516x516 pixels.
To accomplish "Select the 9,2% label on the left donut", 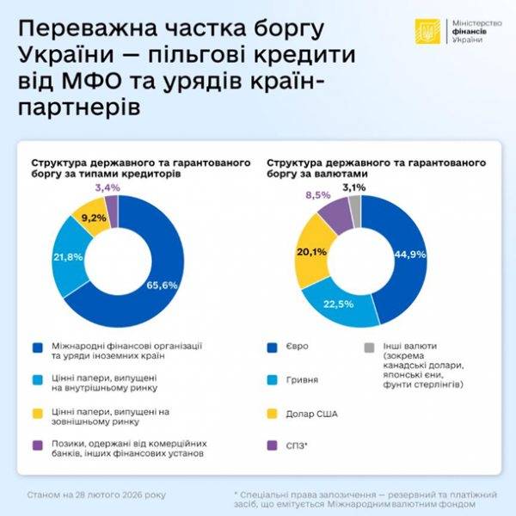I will click(x=92, y=218).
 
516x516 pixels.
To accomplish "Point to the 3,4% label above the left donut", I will click(x=107, y=187).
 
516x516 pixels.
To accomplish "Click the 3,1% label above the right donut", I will click(x=353, y=187).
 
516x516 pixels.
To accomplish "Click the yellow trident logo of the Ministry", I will click(x=427, y=33).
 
